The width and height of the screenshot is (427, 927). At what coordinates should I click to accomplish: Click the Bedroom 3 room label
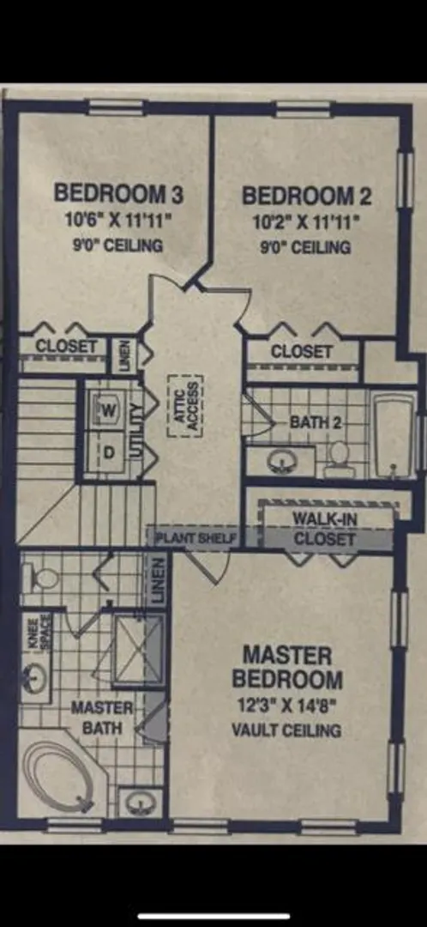tap(118, 193)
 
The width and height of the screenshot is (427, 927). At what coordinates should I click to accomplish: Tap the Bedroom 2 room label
tap(306, 196)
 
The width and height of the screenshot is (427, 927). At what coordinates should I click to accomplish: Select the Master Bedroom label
tap(287, 668)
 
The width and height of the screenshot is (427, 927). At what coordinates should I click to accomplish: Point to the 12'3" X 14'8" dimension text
tap(287, 706)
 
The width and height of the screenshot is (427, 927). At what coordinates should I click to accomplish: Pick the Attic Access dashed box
tap(186, 405)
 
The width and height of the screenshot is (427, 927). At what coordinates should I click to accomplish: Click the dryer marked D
tap(107, 452)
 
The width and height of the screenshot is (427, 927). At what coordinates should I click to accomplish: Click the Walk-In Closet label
tap(324, 529)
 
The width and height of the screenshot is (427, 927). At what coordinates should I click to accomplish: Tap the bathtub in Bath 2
tap(394, 435)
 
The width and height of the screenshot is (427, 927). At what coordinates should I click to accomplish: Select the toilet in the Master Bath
tap(40, 578)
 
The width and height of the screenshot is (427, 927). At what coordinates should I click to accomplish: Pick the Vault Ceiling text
tap(286, 730)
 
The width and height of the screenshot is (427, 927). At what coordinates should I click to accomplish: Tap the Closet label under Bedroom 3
tap(65, 347)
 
